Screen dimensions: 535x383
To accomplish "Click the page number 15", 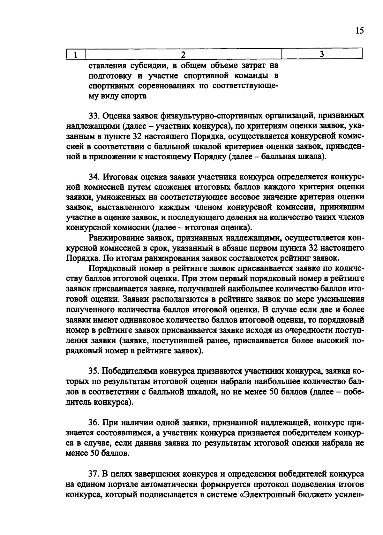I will pyautogui.click(x=359, y=31).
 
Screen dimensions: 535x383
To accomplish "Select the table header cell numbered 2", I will pyautogui.click(x=183, y=54).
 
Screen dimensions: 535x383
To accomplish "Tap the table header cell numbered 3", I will pyautogui.click(x=322, y=54).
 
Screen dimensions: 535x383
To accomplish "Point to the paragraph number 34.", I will pyautogui.click(x=94, y=177).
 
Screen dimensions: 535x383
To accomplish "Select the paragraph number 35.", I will pyautogui.click(x=94, y=371).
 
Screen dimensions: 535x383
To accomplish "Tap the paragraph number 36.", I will pyautogui.click(x=94, y=423).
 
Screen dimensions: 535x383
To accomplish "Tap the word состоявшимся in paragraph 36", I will pyautogui.click(x=126, y=433).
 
